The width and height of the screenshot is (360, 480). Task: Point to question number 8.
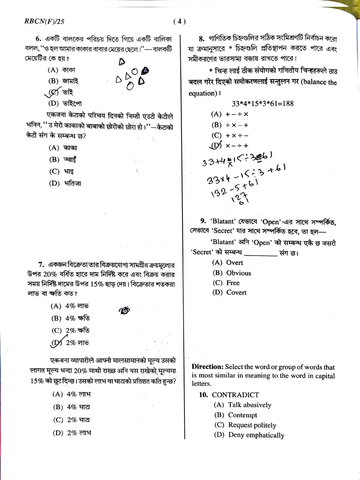(202, 39)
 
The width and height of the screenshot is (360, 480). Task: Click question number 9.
(203, 221)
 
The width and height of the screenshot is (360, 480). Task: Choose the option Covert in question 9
(236, 292)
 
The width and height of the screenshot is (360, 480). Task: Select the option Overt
(234, 263)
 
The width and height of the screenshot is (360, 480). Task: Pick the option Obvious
(238, 273)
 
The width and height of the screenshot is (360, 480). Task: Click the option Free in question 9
(233, 283)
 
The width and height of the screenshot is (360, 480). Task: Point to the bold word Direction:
(207, 367)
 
